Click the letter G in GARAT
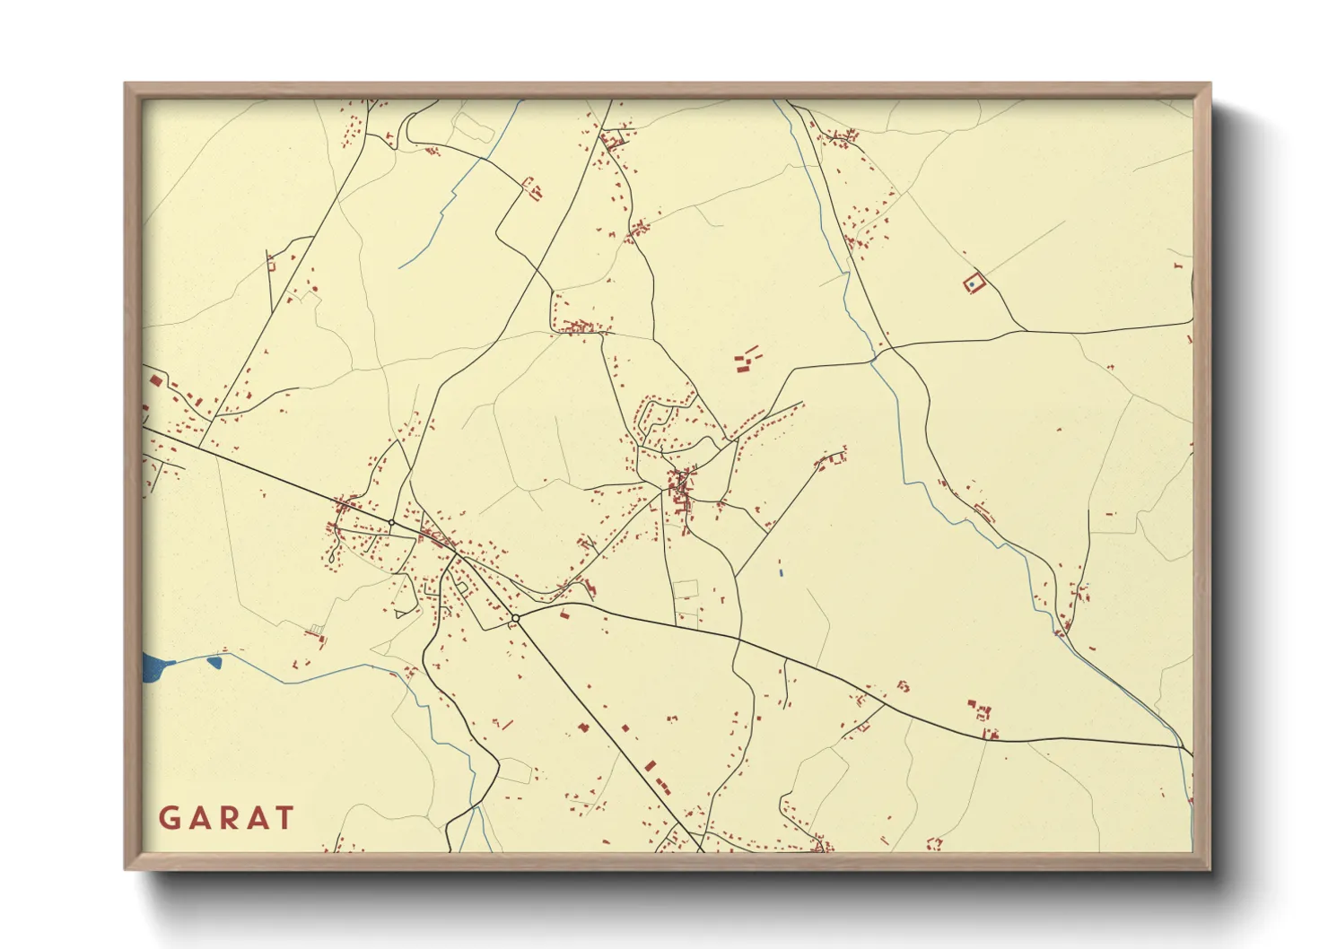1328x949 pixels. pos(170,818)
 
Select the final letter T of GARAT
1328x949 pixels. pos(284,818)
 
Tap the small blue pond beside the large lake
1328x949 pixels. pos(214,662)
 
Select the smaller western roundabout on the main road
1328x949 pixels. pos(392,522)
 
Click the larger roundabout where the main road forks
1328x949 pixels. pos(515,618)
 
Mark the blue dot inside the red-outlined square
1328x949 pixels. pos(973,284)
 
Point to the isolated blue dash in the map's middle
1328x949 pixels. pos(781,571)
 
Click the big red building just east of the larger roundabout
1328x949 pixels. pos(564,614)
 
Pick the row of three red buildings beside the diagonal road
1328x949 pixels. pos(657,777)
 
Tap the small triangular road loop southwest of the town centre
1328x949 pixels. pos(403,607)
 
